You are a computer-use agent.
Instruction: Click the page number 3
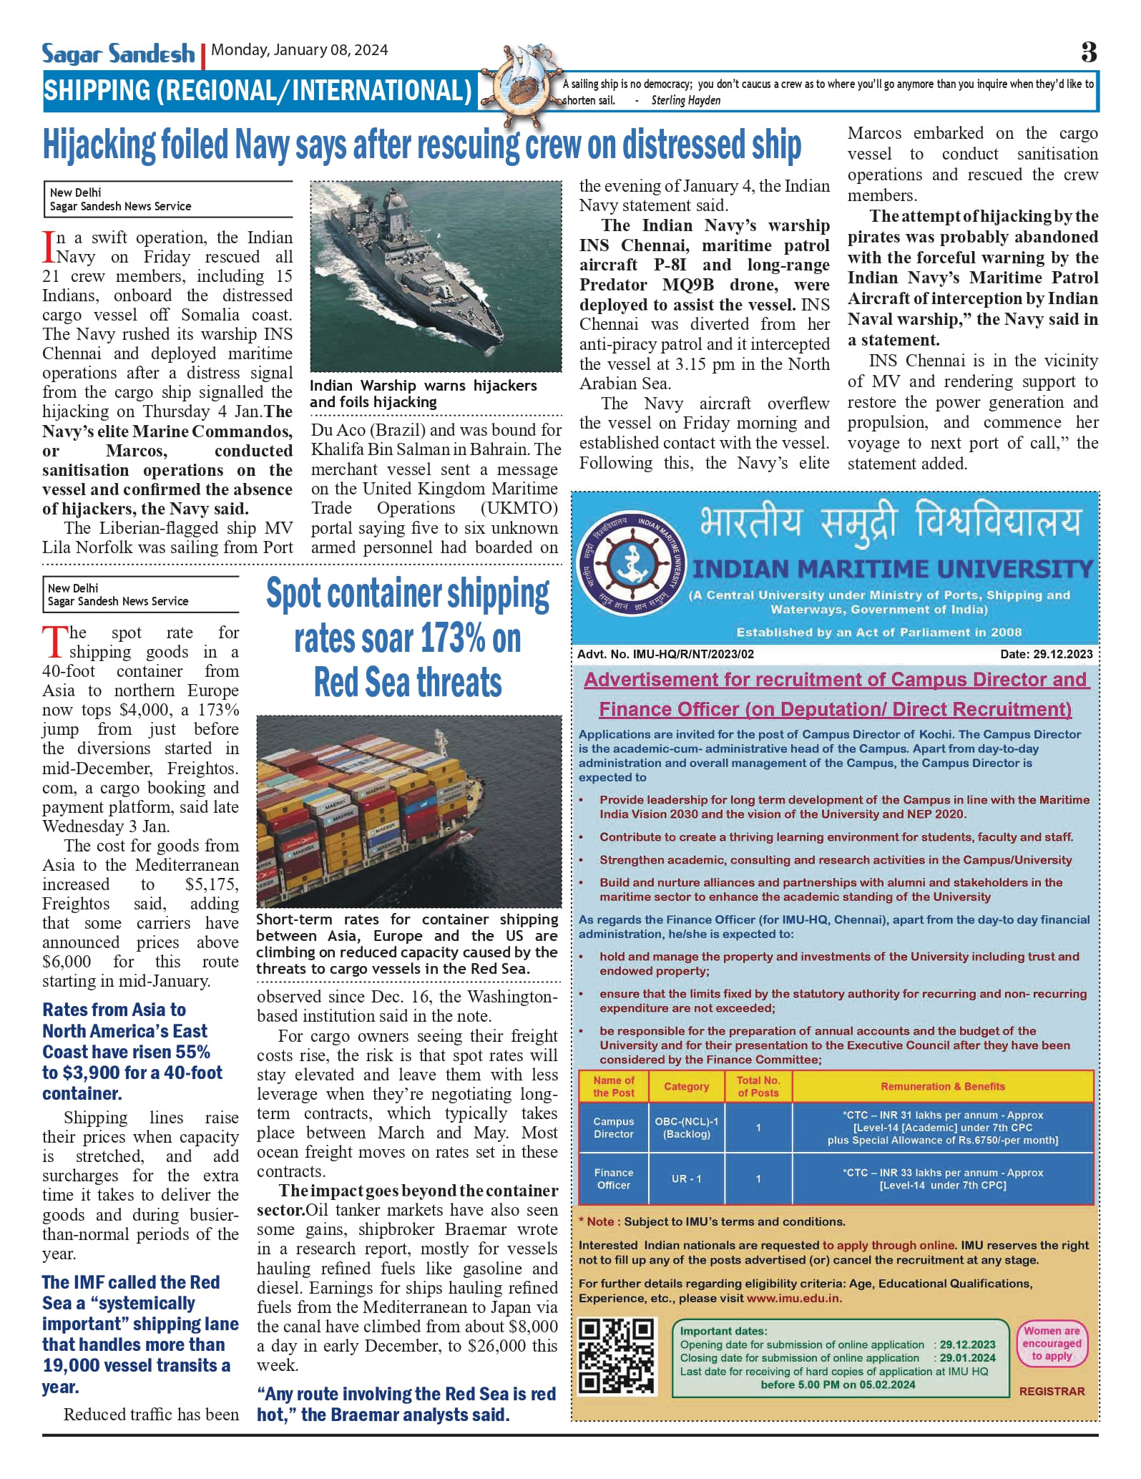1088,52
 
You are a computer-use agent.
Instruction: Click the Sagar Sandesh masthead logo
118,54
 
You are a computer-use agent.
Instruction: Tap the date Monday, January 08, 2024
300,50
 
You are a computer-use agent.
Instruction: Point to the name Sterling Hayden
685,100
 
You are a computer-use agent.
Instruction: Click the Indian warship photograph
435,276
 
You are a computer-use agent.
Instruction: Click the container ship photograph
408,811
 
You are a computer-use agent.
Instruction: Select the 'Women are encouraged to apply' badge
1051,1343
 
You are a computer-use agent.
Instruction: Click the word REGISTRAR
1052,1391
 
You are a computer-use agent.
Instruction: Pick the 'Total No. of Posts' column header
758,1086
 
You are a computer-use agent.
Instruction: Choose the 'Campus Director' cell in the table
613,1128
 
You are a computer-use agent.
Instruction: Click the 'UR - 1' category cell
686,1178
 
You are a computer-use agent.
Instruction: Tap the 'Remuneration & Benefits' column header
942,1086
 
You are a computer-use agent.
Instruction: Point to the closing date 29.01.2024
967,1357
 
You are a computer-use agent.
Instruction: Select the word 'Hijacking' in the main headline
99,145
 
